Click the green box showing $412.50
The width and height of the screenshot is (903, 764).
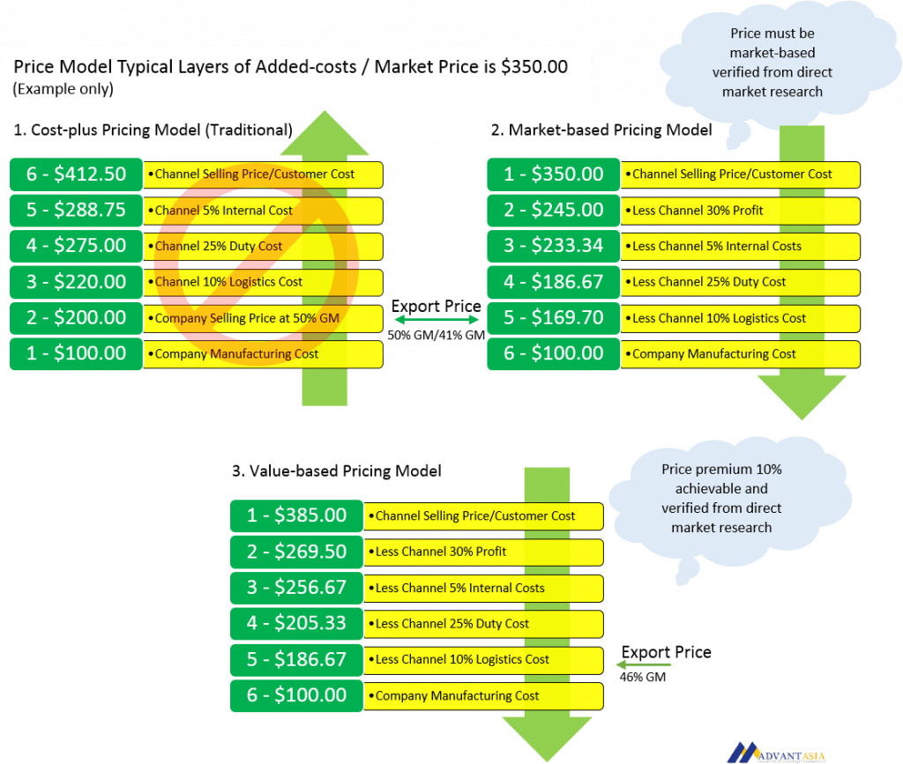[76, 174]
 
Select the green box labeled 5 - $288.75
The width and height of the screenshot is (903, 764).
[76, 210]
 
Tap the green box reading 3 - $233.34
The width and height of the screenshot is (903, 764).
[554, 246]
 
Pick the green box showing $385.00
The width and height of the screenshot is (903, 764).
[296, 516]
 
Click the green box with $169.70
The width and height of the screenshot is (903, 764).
[554, 317]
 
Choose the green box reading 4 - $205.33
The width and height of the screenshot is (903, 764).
[296, 623]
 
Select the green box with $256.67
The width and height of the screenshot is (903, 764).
[296, 588]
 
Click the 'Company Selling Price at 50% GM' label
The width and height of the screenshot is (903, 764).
[247, 318]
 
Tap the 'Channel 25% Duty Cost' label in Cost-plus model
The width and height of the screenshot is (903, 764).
[219, 246]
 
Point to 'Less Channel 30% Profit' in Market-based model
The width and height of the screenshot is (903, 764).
[698, 211]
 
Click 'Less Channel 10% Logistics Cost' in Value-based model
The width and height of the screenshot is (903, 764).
[462, 659]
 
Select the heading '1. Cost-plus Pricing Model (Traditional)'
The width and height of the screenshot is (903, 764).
[153, 130]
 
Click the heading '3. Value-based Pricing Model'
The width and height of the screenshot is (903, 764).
[337, 471]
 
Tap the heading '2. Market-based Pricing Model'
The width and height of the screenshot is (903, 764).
[601, 130]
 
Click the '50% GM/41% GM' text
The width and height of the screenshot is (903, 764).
[436, 336]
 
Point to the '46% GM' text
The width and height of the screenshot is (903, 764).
[643, 677]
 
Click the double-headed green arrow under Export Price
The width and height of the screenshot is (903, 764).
[437, 320]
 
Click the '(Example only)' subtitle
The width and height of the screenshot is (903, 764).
[63, 89]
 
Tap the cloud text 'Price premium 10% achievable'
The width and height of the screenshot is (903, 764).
[721, 478]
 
